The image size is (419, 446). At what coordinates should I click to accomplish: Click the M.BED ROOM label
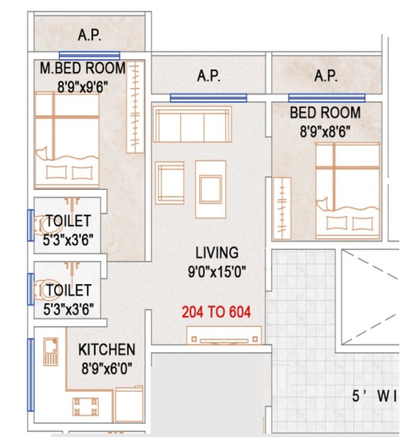pos(83,68)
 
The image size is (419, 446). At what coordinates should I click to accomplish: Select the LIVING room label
pos(217,253)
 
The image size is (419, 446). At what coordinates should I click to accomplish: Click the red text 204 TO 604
pos(216,312)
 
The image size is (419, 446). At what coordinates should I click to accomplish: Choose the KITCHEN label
pos(107,349)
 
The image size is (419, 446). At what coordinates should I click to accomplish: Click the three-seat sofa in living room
pos(192,124)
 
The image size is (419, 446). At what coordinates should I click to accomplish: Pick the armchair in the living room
pos(170,183)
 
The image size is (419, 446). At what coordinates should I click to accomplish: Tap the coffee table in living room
pos(210,189)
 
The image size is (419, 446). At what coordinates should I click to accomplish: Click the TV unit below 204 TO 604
pos(224,336)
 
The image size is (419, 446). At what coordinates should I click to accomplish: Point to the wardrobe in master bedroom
pos(135,107)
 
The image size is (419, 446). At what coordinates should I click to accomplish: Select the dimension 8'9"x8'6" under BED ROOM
pos(325,132)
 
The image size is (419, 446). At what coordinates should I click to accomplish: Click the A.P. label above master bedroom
pos(89,36)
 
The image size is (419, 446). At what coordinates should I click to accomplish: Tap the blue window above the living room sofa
pos(208,98)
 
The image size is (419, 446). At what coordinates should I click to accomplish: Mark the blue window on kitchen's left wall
pos(30,375)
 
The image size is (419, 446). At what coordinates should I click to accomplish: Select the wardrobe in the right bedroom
pos(282,208)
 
